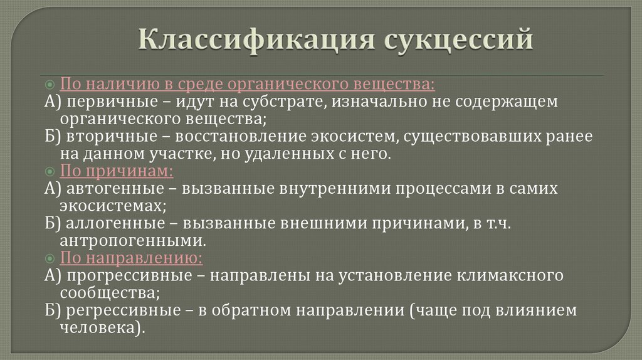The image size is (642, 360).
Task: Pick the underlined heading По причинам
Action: point(117,171)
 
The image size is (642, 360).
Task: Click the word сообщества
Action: point(110,292)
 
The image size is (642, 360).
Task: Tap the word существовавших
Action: point(465,136)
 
